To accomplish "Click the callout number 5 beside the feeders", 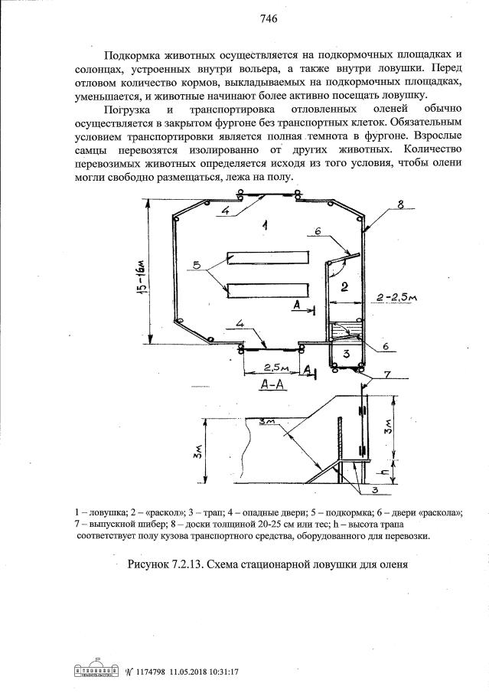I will pyautogui.click(x=197, y=265).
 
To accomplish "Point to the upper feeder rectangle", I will pyautogui.click(x=266, y=256).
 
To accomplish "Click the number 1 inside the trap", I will pyautogui.click(x=262, y=225).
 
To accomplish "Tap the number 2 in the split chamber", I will pyautogui.click(x=344, y=287).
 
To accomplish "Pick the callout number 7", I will pyautogui.click(x=388, y=374).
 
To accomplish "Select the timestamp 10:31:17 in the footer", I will pyautogui.click(x=224, y=672).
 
